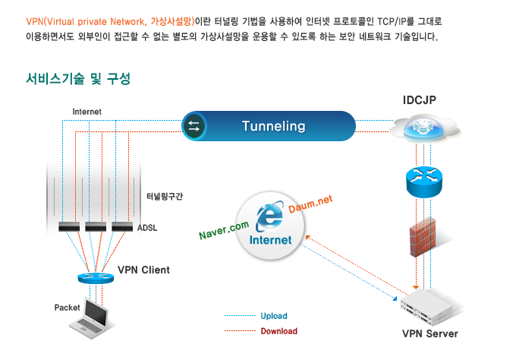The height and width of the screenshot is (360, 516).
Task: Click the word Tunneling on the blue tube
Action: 273,126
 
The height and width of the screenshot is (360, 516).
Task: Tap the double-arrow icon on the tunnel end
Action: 193,126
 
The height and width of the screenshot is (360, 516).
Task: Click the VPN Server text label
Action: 429,333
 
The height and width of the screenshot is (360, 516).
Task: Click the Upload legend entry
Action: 274,316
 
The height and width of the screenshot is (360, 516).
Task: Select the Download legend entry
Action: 278,331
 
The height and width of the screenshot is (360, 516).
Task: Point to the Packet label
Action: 68,308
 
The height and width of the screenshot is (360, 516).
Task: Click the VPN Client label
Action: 143,270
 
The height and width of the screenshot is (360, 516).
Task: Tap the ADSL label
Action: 147,227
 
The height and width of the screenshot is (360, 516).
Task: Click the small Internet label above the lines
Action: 87,112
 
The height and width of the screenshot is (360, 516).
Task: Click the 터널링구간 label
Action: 165,196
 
